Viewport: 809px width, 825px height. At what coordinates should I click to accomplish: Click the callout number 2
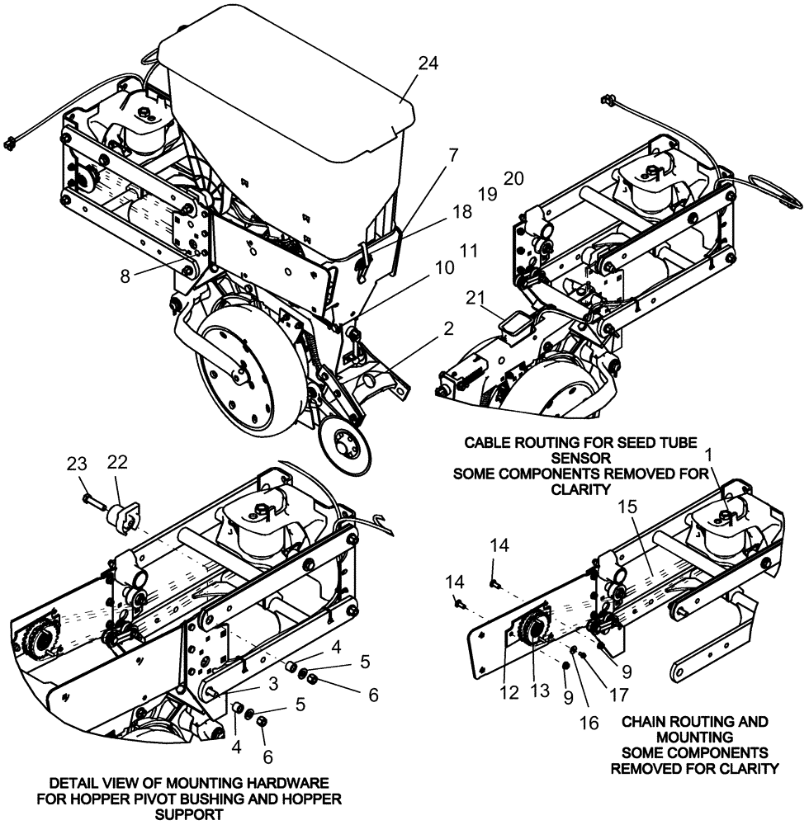pos(447,328)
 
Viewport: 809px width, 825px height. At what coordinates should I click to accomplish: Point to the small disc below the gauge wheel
pos(345,440)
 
